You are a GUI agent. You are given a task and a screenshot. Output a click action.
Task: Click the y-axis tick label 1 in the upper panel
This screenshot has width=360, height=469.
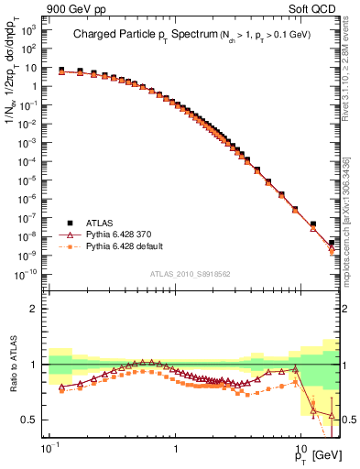pyautogui.click(x=34, y=87)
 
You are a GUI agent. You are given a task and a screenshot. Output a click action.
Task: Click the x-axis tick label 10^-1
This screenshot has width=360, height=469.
pyautogui.click(x=48, y=452)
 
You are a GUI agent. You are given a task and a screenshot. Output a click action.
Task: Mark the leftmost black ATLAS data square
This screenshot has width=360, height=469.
pyautogui.click(x=60, y=70)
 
